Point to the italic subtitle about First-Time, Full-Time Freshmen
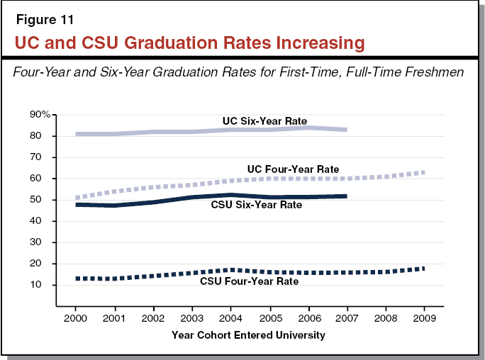point(242,72)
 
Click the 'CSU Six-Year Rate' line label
point(256,206)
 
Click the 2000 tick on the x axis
point(75,317)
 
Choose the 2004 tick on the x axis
point(230,317)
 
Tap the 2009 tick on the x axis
point(424,317)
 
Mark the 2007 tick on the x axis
point(347,317)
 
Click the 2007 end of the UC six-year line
point(346,130)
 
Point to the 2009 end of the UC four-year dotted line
point(423,172)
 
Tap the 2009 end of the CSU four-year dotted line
point(423,269)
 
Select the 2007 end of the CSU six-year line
point(346,196)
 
